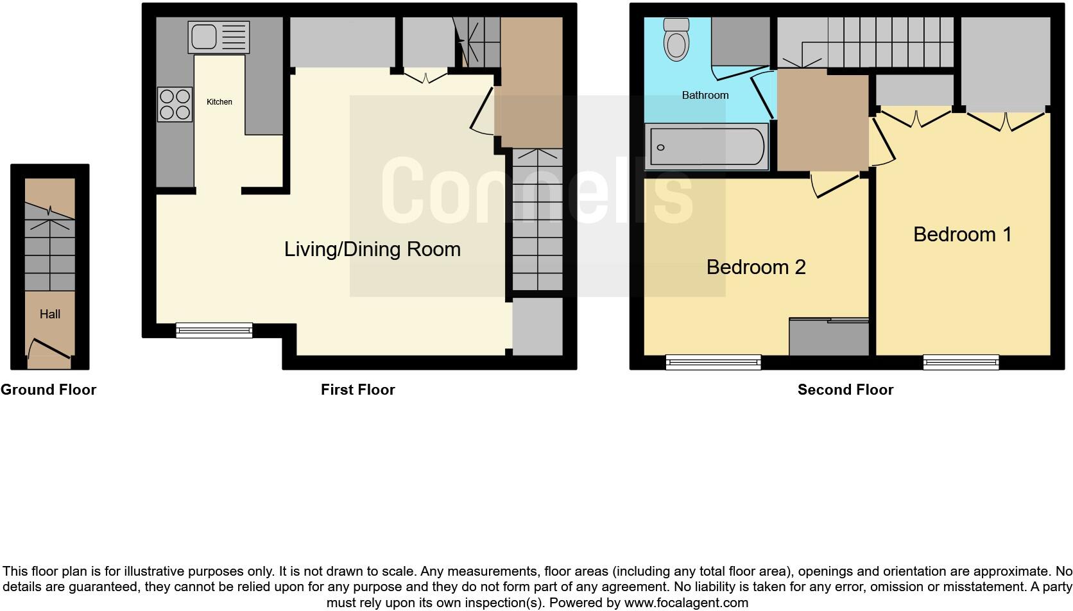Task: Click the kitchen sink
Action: point(218,37)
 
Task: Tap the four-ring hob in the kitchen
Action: point(175,105)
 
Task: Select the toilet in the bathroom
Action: point(676,40)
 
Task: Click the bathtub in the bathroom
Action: point(707,147)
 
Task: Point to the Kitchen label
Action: point(219,102)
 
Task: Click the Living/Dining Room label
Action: point(372,249)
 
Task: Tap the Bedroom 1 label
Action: point(962,234)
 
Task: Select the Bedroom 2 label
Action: point(755,267)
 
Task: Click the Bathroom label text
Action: point(705,95)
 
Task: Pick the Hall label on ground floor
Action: point(50,314)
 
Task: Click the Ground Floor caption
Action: point(48,390)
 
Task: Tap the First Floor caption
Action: point(357,390)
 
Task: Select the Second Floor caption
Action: point(845,390)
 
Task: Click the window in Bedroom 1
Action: point(961,363)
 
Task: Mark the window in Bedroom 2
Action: point(713,363)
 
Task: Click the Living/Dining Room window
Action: point(214,330)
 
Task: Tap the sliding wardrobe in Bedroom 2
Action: point(828,337)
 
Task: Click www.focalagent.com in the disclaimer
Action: point(686,603)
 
